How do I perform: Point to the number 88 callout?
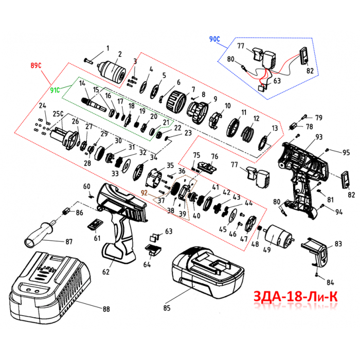tap(106, 309)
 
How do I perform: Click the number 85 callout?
tap(166, 308)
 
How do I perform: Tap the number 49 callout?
tap(266, 250)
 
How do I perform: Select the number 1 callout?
tap(107, 48)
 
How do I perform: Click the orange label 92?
tap(145, 194)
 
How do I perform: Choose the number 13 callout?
tap(275, 128)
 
